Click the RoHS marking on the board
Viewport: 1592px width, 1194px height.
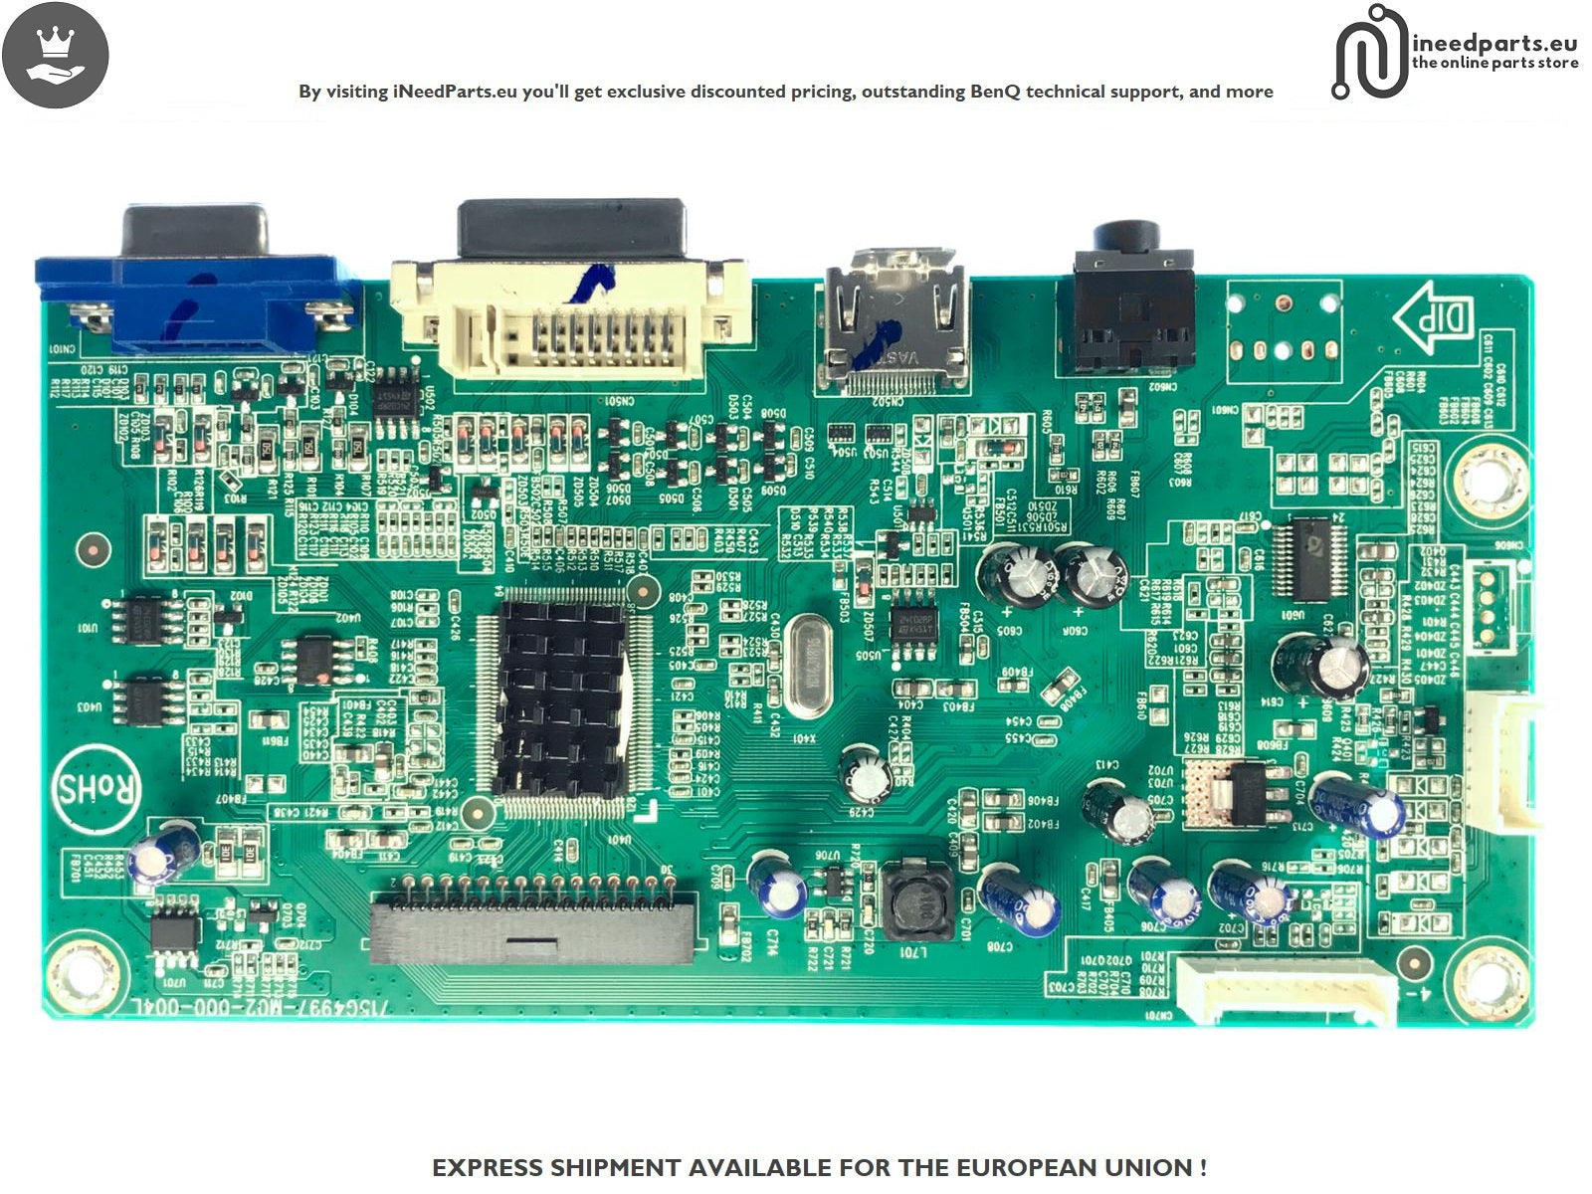pos(98,790)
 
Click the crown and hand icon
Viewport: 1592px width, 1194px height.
pos(56,55)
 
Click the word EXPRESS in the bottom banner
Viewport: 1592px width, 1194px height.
pos(489,1167)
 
